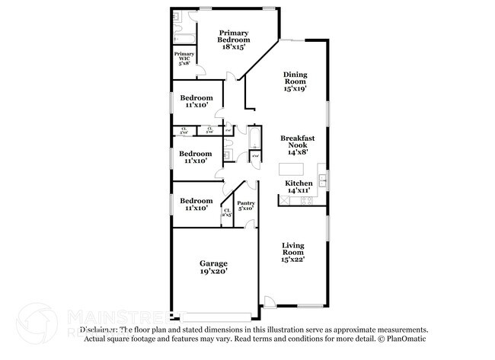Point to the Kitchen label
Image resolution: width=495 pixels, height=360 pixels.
coord(299,183)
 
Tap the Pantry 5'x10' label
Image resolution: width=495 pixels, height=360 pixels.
coord(245,206)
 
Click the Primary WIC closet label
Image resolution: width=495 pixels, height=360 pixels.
coord(184,59)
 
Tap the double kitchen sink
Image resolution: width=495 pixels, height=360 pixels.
coord(323,181)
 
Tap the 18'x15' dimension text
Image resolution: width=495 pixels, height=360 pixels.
coord(235,46)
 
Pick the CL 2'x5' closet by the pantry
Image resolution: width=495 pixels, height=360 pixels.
coord(226,213)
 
